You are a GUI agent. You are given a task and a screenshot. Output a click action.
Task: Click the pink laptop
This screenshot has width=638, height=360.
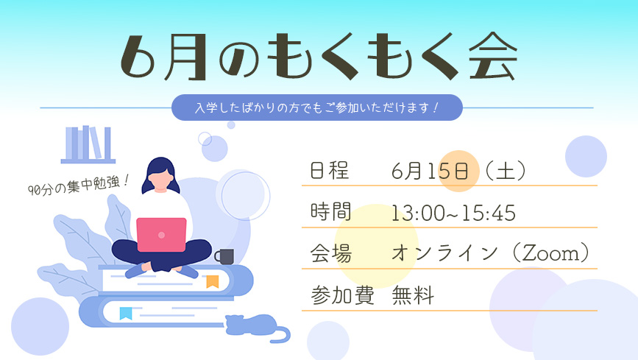point(161,235)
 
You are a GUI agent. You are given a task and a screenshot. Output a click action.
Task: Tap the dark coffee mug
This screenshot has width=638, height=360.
point(224,256)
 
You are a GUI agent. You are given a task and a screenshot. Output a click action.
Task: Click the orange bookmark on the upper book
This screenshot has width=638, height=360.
point(213,281)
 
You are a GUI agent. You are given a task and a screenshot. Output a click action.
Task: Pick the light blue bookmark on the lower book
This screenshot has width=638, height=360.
point(126,313)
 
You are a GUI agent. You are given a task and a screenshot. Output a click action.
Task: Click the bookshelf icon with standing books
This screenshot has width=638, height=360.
point(88,144)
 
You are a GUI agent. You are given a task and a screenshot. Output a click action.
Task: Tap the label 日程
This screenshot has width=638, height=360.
point(329,170)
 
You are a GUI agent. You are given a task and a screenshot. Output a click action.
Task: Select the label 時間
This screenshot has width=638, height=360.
point(330,212)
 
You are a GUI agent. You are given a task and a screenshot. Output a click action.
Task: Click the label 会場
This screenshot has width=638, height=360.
point(330,253)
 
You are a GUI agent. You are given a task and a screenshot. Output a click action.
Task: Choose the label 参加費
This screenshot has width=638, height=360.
point(342,295)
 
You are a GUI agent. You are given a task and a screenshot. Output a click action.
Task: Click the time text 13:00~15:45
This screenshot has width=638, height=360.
point(453,213)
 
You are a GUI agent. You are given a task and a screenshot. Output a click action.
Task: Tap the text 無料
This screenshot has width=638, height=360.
point(413,295)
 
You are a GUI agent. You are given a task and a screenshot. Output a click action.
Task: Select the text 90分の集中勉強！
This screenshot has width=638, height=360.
point(79,185)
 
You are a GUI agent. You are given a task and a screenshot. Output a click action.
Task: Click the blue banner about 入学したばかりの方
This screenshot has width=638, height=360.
point(317,107)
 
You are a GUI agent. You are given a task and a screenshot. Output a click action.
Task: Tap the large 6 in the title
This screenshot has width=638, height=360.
point(138,57)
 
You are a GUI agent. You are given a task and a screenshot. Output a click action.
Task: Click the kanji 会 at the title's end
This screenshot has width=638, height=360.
point(493,56)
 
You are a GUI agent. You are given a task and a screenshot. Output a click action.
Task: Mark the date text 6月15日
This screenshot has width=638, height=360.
point(430,171)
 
